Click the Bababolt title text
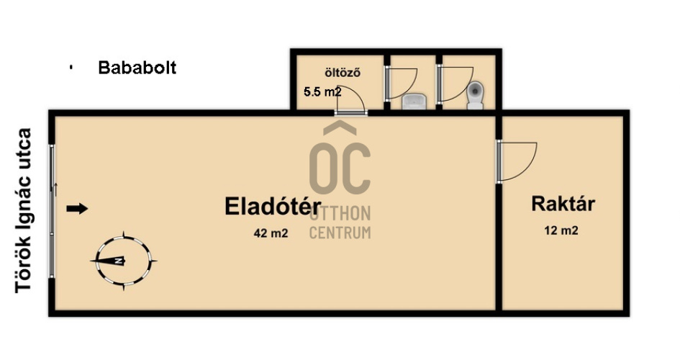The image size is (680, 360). pos(137,68)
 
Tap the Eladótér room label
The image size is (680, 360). pos(273,206)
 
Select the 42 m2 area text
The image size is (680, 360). pos(271,233)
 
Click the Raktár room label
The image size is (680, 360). pos(563,204)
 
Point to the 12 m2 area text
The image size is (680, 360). pos(561,230)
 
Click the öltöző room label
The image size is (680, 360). pos(343,73)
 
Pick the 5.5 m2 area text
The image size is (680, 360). pos(322,92)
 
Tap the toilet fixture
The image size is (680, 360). pos(476,96)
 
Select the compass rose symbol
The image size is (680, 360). pos(124,261)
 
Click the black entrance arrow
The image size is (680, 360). pos(77,209)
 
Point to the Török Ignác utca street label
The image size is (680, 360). pos(24,211)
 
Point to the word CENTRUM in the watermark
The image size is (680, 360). pos(340,233)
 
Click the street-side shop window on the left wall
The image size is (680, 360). pos(52,211)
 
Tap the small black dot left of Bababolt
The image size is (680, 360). pos(71,68)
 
